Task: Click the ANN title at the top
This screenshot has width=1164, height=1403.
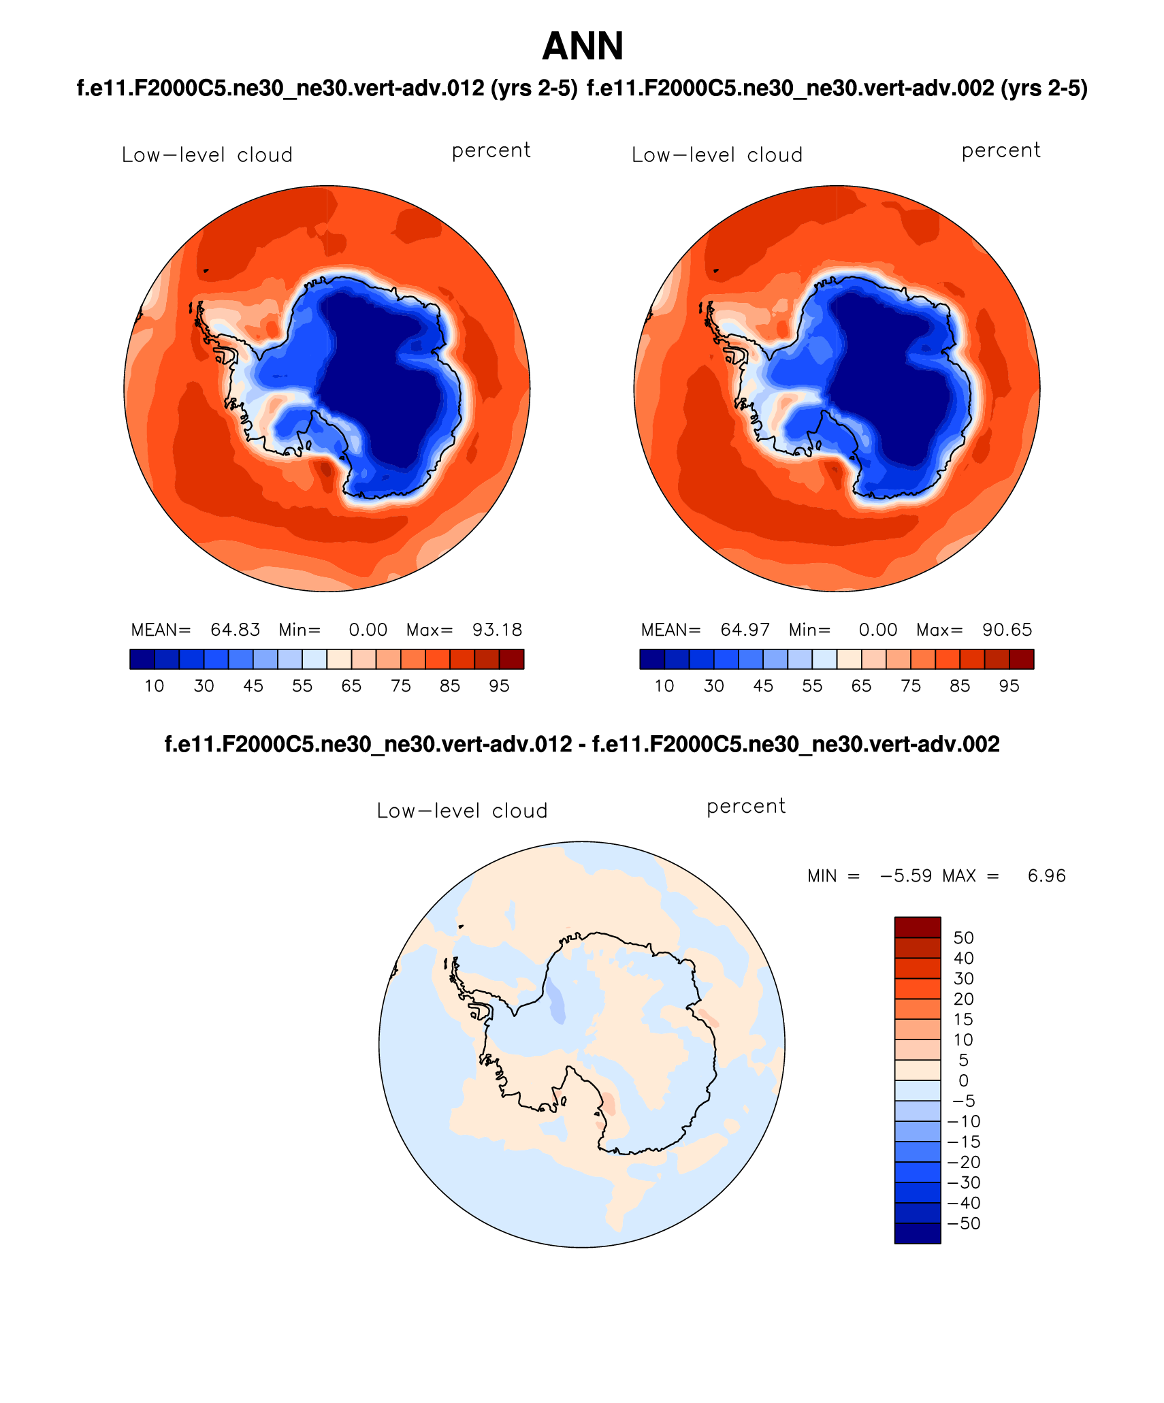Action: coord(583,46)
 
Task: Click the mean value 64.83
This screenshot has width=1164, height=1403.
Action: coord(235,630)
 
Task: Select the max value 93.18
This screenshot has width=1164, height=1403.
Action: coord(497,630)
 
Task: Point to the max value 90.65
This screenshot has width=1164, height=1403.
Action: coord(1007,630)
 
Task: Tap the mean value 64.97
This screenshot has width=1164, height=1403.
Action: coord(745,630)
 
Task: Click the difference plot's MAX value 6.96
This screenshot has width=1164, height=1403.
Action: coord(1046,875)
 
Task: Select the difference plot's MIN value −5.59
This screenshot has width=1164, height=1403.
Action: coord(905,875)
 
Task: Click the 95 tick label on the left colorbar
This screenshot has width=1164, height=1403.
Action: coord(499,686)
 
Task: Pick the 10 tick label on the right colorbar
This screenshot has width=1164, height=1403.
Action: coord(664,686)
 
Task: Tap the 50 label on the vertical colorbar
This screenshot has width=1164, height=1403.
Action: coord(963,937)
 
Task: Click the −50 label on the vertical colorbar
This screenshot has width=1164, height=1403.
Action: coord(963,1223)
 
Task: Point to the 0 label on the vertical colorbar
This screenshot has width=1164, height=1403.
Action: coord(963,1080)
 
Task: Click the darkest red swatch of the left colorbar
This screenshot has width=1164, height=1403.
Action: coord(511,659)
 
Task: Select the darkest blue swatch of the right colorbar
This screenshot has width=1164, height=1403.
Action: coord(652,659)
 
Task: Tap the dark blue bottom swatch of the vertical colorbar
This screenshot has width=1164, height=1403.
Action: coord(917,1233)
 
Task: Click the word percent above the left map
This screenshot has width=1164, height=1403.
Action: coord(491,150)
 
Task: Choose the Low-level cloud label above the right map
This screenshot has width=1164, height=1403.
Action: coord(717,155)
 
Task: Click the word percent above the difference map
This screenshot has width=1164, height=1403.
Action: coord(746,806)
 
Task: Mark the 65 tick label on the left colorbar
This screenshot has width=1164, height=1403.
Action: coord(351,686)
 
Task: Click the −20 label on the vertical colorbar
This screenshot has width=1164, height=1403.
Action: coord(963,1162)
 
